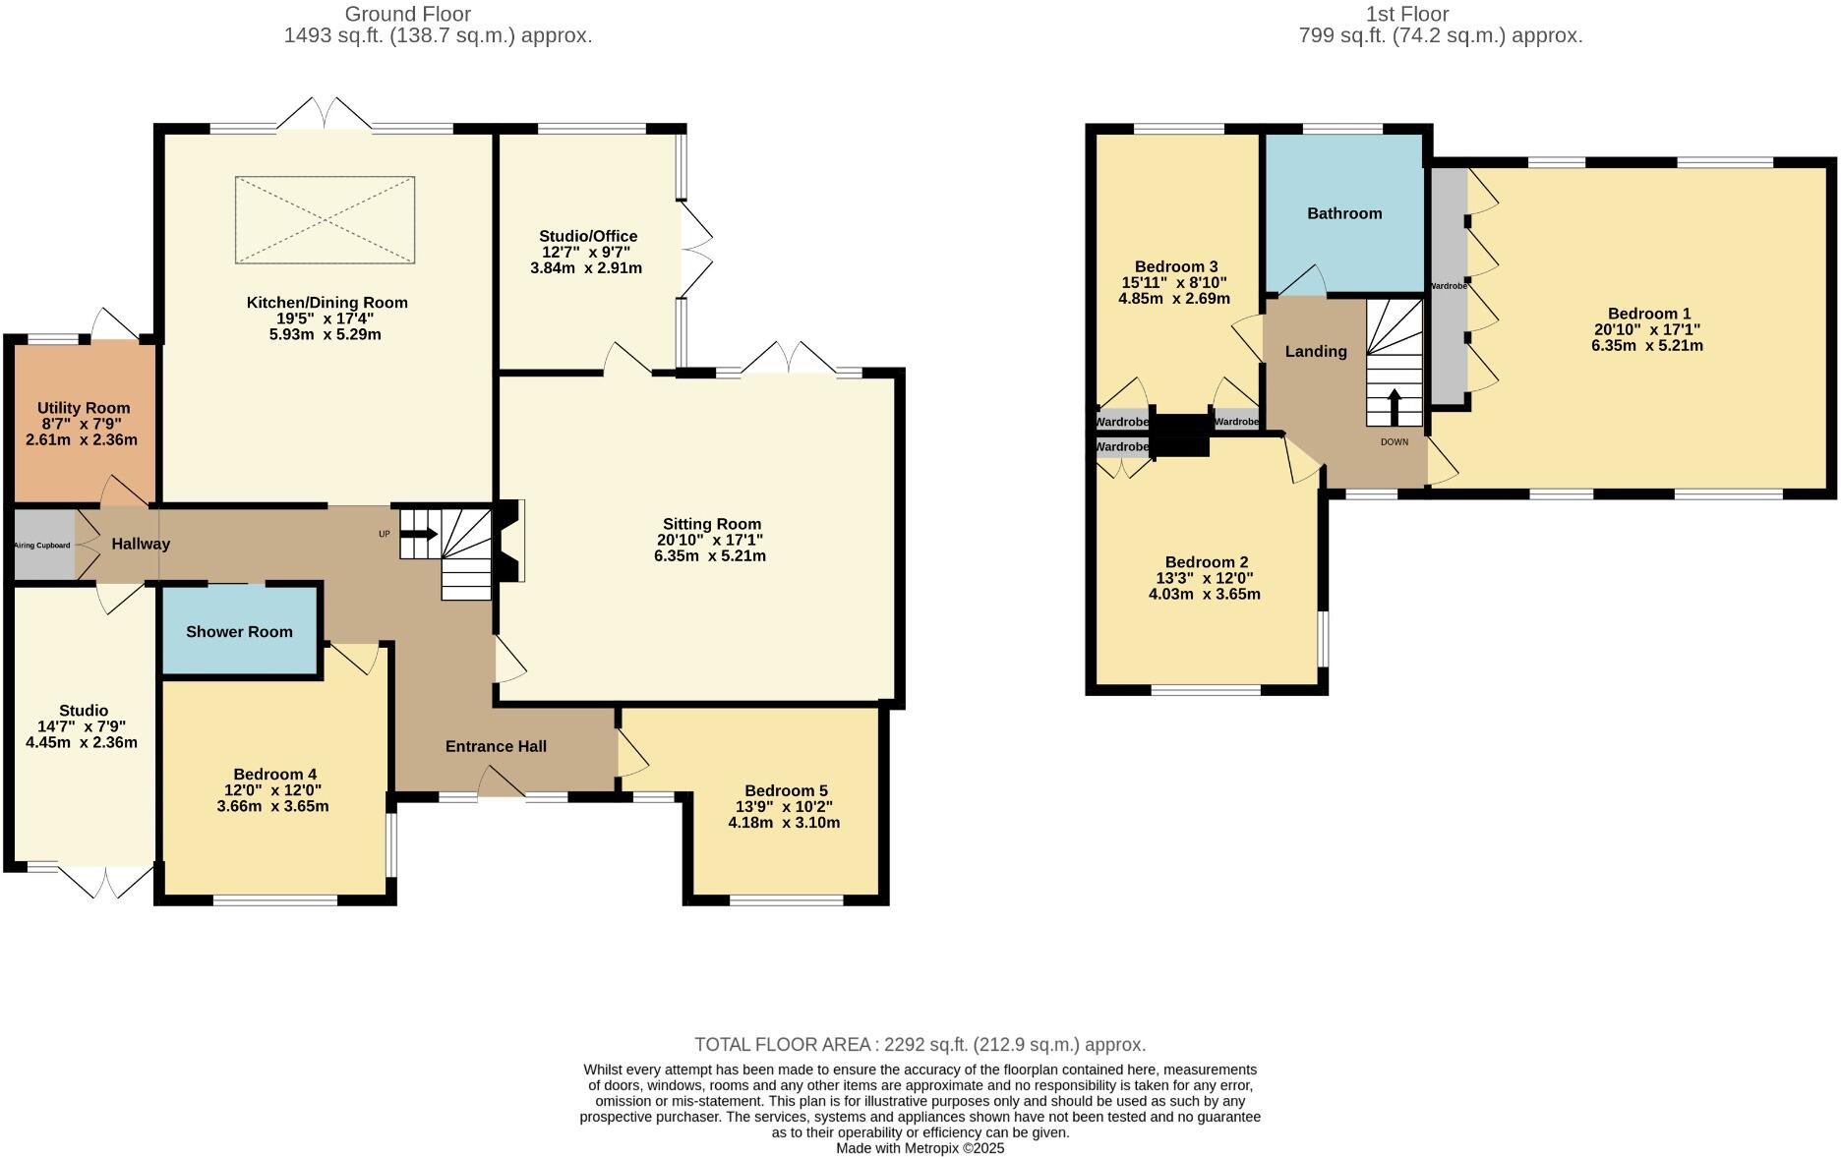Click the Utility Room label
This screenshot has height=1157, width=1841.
tap(84, 408)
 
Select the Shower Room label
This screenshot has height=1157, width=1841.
tap(239, 632)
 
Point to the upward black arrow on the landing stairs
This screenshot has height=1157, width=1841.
tap(1394, 407)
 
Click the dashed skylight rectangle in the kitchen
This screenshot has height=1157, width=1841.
tap(325, 220)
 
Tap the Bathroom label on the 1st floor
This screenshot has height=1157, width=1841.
tap(1344, 213)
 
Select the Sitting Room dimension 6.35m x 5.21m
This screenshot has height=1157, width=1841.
tap(710, 555)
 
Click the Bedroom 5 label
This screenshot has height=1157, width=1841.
tap(786, 790)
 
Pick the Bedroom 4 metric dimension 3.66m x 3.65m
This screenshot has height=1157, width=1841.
tap(272, 806)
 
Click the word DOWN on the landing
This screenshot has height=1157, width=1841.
tap(1395, 442)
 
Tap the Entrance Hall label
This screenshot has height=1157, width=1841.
tap(496, 746)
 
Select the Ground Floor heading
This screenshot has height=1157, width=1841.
tap(407, 14)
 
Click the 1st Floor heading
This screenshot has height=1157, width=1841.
tap(1407, 14)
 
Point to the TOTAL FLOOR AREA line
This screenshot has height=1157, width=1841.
tap(920, 1045)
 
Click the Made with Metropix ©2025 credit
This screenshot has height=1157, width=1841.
tap(920, 1148)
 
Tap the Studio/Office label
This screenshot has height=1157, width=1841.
tap(588, 236)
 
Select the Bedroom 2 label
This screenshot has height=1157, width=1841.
tap(1207, 562)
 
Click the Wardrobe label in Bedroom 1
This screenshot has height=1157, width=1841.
tap(1449, 286)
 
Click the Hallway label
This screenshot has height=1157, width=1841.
tap(141, 544)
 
